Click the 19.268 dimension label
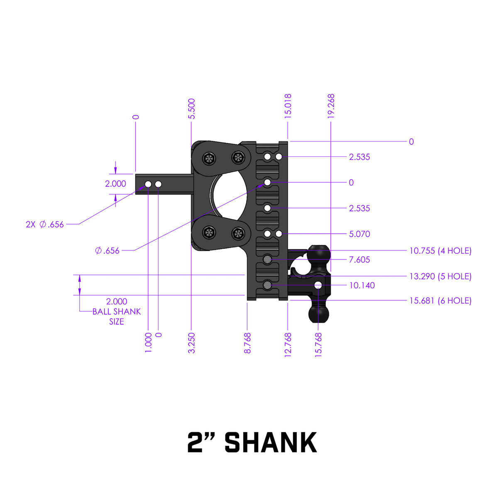[331, 106]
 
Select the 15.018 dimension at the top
[288, 106]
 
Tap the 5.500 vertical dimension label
[191, 109]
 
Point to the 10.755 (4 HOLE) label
[440, 251]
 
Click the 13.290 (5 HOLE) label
[440, 276]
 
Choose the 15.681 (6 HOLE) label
[440, 301]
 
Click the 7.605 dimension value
[359, 260]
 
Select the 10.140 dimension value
[362, 286]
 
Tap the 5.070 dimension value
[359, 234]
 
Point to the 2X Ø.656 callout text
[45, 225]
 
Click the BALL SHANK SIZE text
[117, 316]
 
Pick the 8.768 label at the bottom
[247, 343]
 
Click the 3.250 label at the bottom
[191, 343]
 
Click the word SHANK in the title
[271, 443]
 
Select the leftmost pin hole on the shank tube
[148, 184]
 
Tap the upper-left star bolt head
[209, 158]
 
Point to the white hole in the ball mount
[318, 285]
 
